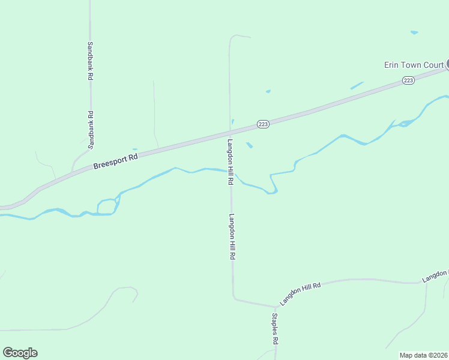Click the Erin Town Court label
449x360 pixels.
(x=414, y=65)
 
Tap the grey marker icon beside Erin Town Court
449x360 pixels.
(x=447, y=64)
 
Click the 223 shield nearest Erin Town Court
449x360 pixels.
(x=408, y=80)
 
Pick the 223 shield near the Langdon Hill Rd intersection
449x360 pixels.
(x=262, y=124)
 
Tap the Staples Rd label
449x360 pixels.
(x=275, y=328)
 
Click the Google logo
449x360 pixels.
(x=20, y=353)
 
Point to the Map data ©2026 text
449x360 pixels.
(x=423, y=355)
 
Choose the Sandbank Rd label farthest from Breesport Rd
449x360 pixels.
(x=90, y=61)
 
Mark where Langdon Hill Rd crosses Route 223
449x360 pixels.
(x=230, y=130)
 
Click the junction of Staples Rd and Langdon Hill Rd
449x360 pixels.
(x=274, y=306)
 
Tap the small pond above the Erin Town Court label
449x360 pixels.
(x=414, y=32)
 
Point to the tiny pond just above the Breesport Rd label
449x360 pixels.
(x=134, y=149)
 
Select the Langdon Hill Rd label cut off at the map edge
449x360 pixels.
(x=435, y=275)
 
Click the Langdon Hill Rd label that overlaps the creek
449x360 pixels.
(x=231, y=162)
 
